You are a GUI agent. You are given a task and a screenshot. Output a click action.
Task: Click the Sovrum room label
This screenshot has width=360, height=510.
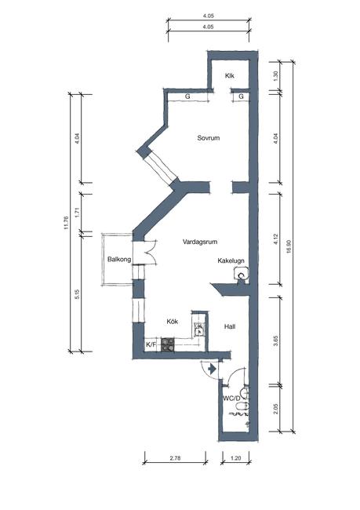[x=209, y=138]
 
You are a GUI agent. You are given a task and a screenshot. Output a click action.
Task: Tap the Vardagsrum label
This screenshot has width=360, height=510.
[x=200, y=242]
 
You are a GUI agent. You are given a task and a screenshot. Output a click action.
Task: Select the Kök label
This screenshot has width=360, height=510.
[x=173, y=322]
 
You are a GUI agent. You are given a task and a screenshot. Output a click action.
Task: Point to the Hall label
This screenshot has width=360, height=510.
[x=230, y=326]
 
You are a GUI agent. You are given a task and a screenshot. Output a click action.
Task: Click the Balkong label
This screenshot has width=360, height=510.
[x=119, y=259]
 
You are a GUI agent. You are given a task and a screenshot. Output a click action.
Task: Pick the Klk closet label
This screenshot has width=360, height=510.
[x=230, y=76]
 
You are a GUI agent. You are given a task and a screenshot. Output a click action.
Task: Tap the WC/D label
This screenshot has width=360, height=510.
[x=231, y=398]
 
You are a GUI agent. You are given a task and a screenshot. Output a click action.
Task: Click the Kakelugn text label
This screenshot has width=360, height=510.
[x=231, y=260]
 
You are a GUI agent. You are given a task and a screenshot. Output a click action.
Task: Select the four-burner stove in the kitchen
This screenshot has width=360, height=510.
[x=168, y=344]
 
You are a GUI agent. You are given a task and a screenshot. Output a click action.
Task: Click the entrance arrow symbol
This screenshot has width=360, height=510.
[x=212, y=369]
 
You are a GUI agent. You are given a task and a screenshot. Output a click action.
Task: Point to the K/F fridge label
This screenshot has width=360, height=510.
[x=151, y=344]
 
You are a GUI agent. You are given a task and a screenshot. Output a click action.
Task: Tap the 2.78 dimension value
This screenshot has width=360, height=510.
[x=175, y=458]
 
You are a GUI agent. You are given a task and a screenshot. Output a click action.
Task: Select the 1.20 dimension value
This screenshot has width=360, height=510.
[x=235, y=458]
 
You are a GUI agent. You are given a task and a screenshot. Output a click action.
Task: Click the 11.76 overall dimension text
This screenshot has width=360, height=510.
[x=67, y=223]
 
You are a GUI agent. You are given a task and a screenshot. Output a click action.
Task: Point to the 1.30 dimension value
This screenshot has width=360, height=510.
[x=276, y=76]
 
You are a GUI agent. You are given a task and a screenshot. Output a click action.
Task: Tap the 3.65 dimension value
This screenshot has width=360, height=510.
[x=276, y=341]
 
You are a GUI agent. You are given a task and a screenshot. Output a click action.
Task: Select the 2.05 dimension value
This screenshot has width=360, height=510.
[x=276, y=409]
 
